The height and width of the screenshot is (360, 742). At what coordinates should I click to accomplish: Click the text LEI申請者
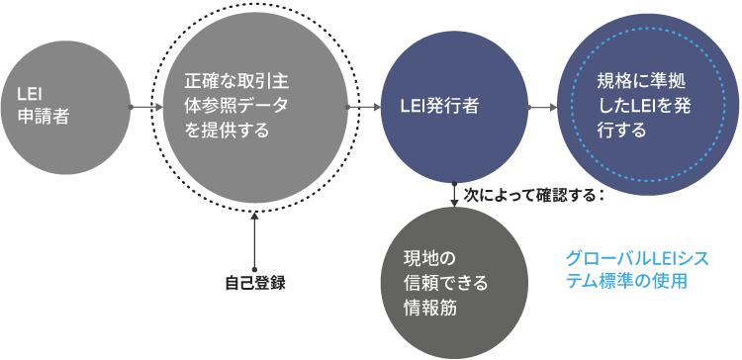click(x=44, y=106)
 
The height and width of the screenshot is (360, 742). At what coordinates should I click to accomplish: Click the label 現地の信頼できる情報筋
click(x=445, y=284)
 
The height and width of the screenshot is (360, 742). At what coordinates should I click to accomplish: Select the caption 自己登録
click(x=255, y=283)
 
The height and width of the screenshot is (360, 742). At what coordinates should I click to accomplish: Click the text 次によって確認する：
click(x=534, y=195)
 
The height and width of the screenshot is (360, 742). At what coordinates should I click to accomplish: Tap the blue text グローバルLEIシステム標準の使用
click(x=637, y=269)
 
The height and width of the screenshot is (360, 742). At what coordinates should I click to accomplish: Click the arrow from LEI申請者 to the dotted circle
click(x=146, y=107)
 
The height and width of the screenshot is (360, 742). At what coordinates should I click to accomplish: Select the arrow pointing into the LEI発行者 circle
click(x=363, y=107)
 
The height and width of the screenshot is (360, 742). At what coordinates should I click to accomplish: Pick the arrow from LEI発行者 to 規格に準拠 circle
click(x=542, y=107)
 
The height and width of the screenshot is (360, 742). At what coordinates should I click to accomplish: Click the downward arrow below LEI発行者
click(x=454, y=195)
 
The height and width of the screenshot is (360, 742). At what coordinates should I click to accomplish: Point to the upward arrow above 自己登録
click(x=254, y=241)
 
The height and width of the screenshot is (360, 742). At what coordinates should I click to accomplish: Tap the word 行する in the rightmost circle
click(x=621, y=131)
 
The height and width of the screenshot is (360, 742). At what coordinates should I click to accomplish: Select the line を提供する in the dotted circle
click(x=227, y=131)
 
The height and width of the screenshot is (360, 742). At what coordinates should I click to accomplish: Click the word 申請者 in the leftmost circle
click(x=44, y=117)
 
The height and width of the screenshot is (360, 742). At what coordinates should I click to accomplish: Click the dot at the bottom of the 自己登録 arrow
click(x=254, y=269)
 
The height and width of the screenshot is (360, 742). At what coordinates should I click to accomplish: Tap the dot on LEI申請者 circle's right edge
click(x=131, y=107)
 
